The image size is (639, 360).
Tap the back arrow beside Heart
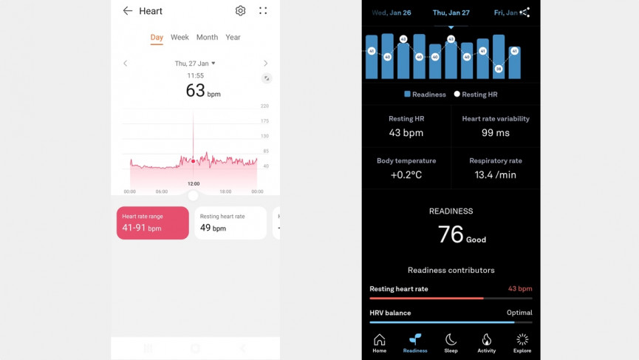click(128, 11)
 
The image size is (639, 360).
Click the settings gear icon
click(240, 11)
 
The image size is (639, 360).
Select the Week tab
click(180, 37)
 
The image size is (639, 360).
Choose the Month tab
click(207, 37)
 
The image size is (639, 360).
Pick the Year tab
click(233, 37)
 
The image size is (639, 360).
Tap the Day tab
click(157, 37)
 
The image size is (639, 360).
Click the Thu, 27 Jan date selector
click(195, 64)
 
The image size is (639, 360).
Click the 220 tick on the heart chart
click(264, 106)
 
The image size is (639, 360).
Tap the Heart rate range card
click(153, 223)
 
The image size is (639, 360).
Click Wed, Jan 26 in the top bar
click(392, 13)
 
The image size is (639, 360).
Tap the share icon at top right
click(524, 12)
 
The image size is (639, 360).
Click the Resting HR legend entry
click(476, 95)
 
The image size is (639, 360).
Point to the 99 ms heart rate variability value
click(496, 133)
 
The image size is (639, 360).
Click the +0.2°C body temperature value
click(406, 175)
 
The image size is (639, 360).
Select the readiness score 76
click(451, 235)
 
